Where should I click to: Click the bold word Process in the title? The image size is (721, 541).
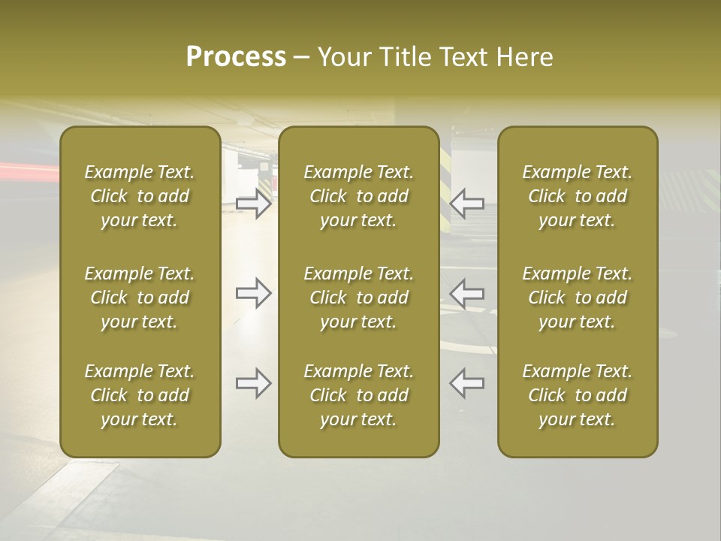click(236, 57)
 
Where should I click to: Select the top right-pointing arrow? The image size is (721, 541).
click(254, 204)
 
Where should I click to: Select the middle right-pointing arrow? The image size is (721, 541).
click(254, 293)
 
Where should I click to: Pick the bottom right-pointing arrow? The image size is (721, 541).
click(254, 383)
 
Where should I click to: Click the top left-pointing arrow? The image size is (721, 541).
click(467, 204)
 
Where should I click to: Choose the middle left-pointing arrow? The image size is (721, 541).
click(467, 293)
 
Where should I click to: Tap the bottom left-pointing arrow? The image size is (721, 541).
click(467, 383)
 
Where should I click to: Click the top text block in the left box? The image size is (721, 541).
click(140, 196)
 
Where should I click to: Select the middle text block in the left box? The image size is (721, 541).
click(140, 298)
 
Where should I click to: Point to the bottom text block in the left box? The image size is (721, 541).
click(140, 395)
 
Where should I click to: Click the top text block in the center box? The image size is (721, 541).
click(358, 196)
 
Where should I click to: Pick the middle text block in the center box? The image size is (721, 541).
click(358, 298)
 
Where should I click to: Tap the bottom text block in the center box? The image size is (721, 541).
click(358, 395)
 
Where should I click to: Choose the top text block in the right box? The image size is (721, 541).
click(578, 196)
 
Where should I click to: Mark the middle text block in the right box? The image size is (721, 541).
click(578, 298)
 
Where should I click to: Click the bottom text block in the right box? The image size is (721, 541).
click(578, 395)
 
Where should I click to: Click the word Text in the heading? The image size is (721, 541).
click(463, 57)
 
